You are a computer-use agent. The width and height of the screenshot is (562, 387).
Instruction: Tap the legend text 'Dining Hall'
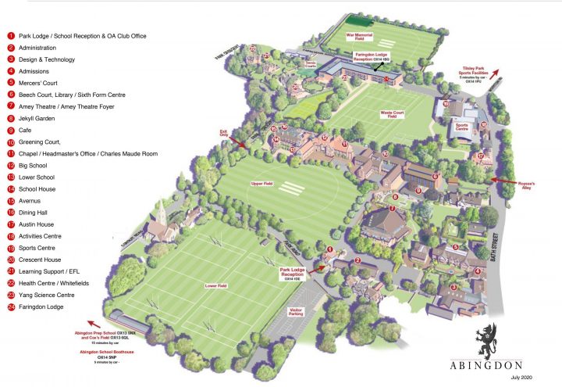click(34, 212)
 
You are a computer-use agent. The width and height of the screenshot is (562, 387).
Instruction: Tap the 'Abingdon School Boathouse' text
click(106, 352)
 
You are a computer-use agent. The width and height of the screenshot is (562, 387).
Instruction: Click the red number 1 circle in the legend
click(11, 36)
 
